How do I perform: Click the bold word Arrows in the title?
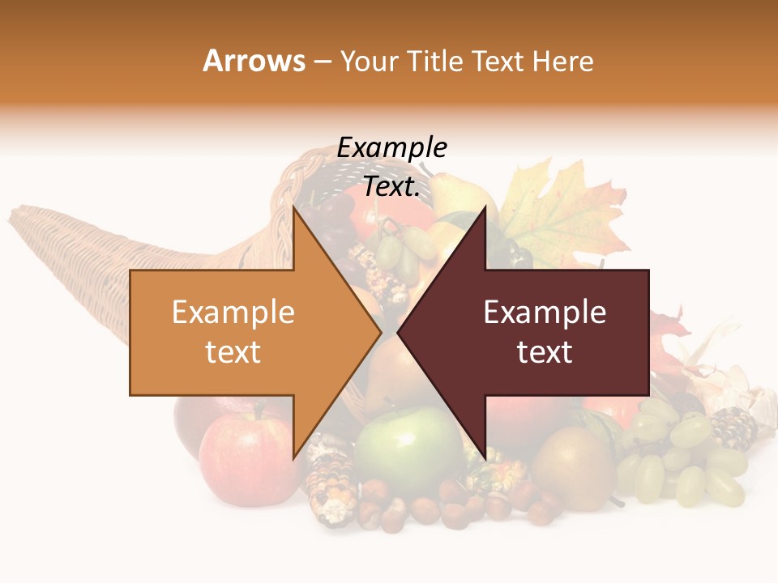(x=254, y=61)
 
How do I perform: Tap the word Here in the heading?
(x=562, y=61)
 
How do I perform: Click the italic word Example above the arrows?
(x=391, y=148)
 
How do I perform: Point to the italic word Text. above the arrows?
(x=391, y=186)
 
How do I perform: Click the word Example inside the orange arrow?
(x=233, y=313)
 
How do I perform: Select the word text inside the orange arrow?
(x=233, y=352)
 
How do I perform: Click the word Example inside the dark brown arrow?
(x=545, y=313)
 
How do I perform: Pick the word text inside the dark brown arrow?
(x=545, y=352)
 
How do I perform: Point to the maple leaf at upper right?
(x=559, y=211)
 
